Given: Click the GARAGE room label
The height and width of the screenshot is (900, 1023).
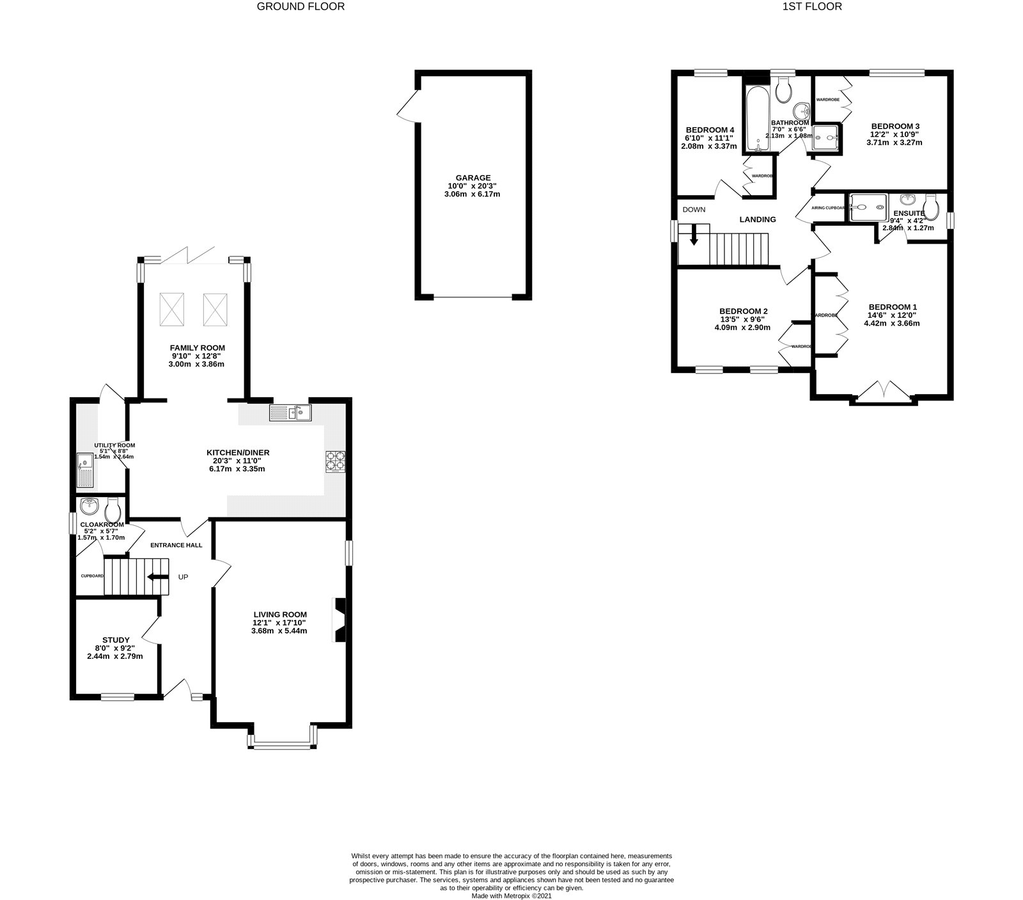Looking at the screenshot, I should pyautogui.click(x=473, y=178).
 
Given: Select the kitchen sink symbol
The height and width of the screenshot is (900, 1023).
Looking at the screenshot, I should pyautogui.click(x=290, y=413).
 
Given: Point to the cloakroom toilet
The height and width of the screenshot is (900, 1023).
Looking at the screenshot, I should pyautogui.click(x=113, y=510).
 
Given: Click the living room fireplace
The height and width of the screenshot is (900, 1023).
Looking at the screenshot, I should pyautogui.click(x=339, y=619).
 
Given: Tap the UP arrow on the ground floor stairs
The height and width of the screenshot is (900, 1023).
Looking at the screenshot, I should pyautogui.click(x=153, y=577).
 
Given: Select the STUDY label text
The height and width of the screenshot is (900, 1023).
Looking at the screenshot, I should pyautogui.click(x=116, y=640).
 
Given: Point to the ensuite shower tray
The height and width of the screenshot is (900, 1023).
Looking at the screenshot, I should pyautogui.click(x=868, y=207).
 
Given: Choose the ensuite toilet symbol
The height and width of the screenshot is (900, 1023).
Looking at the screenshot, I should pyautogui.click(x=930, y=206).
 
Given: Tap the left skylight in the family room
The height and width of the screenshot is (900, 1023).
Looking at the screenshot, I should pyautogui.click(x=172, y=308).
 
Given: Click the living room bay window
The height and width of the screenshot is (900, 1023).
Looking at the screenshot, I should pyautogui.click(x=282, y=745).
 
